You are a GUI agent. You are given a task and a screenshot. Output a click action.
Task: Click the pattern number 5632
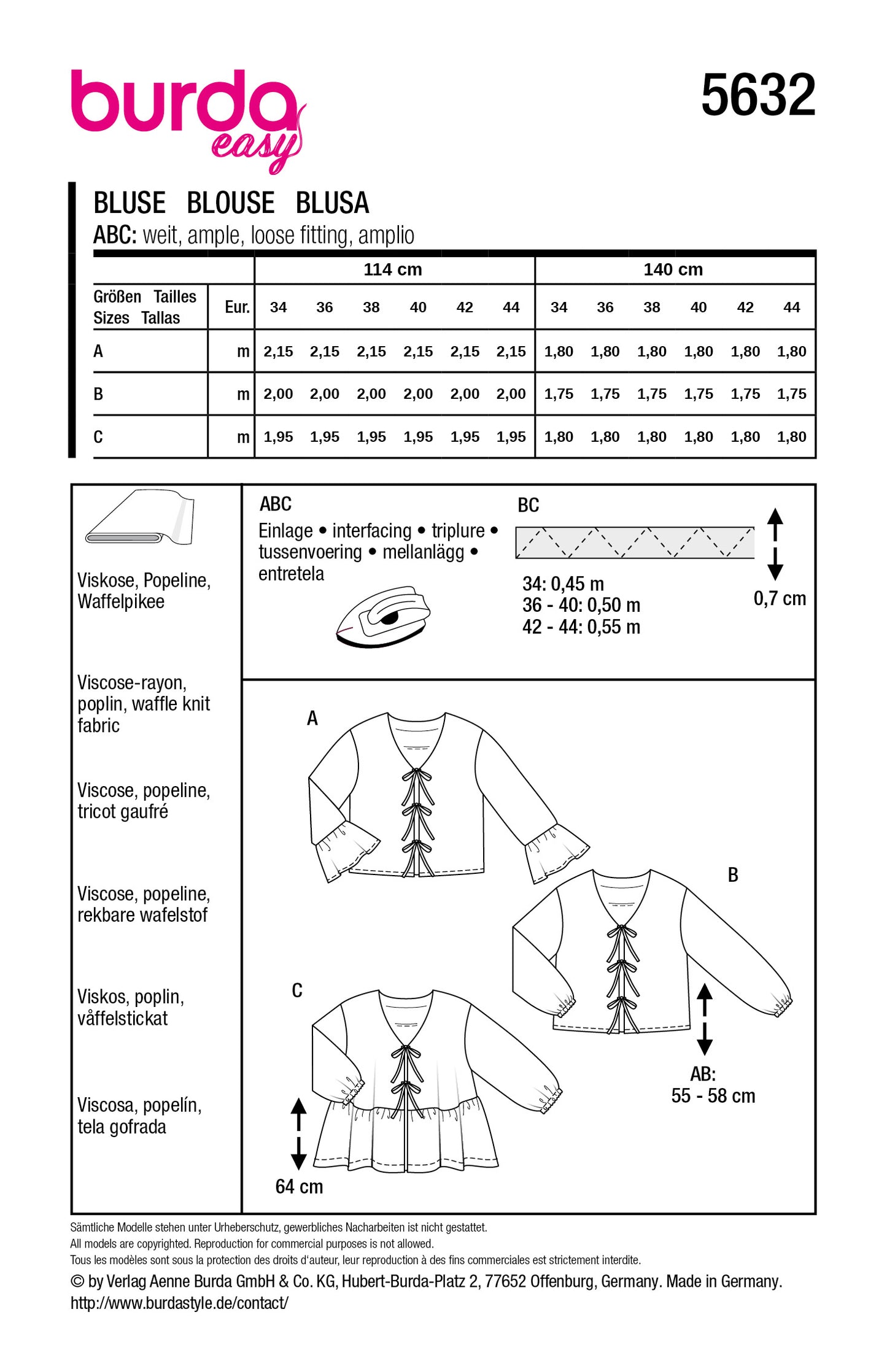coord(757,95)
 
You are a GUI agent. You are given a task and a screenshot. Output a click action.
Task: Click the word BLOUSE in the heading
coord(230,203)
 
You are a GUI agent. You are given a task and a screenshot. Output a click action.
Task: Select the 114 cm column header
coord(393,269)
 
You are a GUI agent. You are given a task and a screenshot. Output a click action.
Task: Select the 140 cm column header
coord(673,269)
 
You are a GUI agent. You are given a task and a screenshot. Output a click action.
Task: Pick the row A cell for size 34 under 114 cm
coord(278,352)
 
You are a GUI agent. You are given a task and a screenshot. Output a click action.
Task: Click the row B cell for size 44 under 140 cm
coord(791,394)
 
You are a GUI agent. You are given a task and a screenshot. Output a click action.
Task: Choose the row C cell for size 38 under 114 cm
coord(371,437)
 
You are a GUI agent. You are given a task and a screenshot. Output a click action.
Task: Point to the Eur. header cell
coord(237,307)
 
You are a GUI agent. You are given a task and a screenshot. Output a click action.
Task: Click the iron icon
coord(384,616)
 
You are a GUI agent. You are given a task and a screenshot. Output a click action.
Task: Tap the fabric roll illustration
coord(140,517)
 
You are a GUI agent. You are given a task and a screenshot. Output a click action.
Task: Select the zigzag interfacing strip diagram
coord(634,542)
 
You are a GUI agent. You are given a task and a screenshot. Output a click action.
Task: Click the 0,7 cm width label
coord(779,598)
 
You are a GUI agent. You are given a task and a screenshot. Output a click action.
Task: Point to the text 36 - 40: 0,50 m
coord(581,605)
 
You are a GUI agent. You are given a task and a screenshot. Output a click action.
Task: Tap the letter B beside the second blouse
coord(732,875)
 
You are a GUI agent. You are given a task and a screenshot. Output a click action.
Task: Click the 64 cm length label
coord(299,1186)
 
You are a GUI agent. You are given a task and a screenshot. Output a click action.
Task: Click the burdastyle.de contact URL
coord(179,1303)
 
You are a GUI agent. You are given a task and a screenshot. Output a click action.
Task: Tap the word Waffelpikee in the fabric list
coord(121,601)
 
